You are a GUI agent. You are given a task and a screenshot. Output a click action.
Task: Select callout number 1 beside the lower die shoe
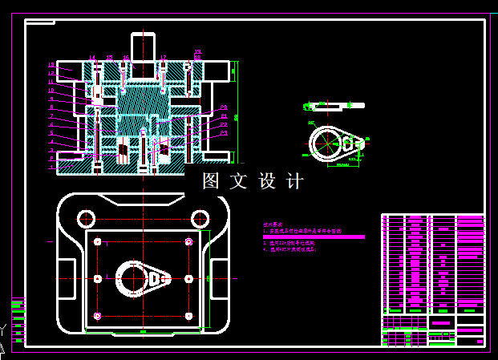click(x=51, y=168)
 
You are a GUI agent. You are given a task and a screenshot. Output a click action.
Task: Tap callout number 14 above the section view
click(x=91, y=58)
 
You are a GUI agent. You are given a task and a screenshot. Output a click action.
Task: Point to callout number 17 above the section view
click(x=164, y=58)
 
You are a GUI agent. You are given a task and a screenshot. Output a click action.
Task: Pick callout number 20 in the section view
click(x=224, y=107)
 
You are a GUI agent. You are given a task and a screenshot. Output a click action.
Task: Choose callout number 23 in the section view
click(x=224, y=133)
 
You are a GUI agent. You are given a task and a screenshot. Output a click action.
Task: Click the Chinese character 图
click(x=211, y=181)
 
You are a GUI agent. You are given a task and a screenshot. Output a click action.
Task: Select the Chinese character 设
click(x=267, y=181)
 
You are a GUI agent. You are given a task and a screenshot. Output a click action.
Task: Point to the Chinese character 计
click(x=295, y=181)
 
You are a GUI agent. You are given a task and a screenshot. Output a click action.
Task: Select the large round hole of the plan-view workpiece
click(x=131, y=279)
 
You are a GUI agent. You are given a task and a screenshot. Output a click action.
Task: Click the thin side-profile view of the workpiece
click(x=329, y=105)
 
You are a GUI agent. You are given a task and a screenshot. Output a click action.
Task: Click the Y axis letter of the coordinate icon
click(x=5, y=328)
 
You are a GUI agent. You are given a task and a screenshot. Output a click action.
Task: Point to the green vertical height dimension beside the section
click(x=236, y=112)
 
